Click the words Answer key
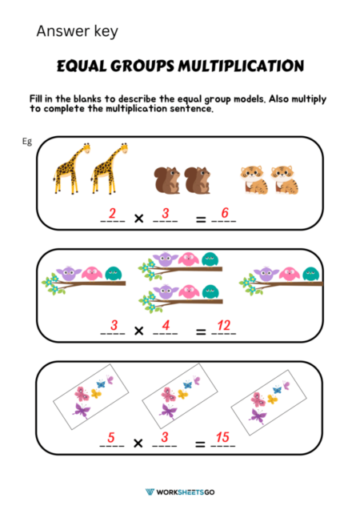click(x=77, y=32)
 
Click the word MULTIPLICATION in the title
click(x=242, y=66)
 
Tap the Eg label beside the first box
click(x=27, y=141)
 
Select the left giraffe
click(x=70, y=168)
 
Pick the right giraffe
click(x=109, y=168)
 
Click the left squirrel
click(x=165, y=180)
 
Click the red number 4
click(x=164, y=325)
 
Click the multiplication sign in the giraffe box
click(x=138, y=217)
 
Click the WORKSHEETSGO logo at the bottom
click(x=180, y=491)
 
